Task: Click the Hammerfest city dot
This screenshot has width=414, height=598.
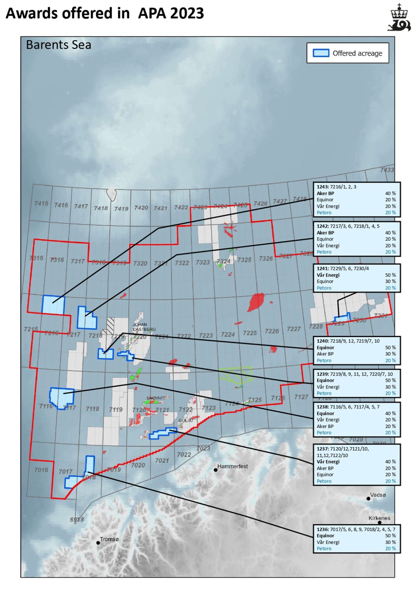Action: pyautogui.click(x=215, y=470)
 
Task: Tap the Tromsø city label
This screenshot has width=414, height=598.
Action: pyautogui.click(x=109, y=539)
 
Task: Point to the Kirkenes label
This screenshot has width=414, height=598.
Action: pyautogui.click(x=379, y=518)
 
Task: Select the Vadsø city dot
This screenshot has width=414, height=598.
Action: pyautogui.click(x=368, y=499)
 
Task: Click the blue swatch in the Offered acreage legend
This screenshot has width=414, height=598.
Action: pyautogui.click(x=321, y=53)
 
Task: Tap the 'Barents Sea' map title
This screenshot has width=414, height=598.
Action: pyautogui.click(x=59, y=45)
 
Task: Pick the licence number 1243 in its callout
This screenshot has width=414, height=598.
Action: pyautogui.click(x=322, y=187)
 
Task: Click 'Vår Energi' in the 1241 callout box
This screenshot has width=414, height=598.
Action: pyautogui.click(x=328, y=275)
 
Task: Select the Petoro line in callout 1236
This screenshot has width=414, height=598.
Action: pyautogui.click(x=324, y=548)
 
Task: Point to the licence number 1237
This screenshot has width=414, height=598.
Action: pyautogui.click(x=322, y=449)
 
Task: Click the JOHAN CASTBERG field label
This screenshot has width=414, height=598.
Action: pyautogui.click(x=144, y=327)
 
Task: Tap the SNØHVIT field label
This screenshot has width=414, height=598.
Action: pyautogui.click(x=156, y=398)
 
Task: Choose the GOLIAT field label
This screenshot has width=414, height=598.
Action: pyautogui.click(x=186, y=420)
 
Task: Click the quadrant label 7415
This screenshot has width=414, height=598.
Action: pyautogui.click(x=41, y=203)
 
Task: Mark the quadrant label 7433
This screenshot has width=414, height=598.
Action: pyautogui.click(x=387, y=170)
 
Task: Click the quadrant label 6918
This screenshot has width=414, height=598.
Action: pyautogui.click(x=77, y=519)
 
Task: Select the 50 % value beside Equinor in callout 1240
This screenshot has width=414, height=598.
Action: pyautogui.click(x=390, y=347)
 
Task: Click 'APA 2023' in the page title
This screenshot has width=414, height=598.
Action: pyautogui.click(x=171, y=13)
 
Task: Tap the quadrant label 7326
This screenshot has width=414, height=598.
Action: pyautogui.click(x=266, y=259)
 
